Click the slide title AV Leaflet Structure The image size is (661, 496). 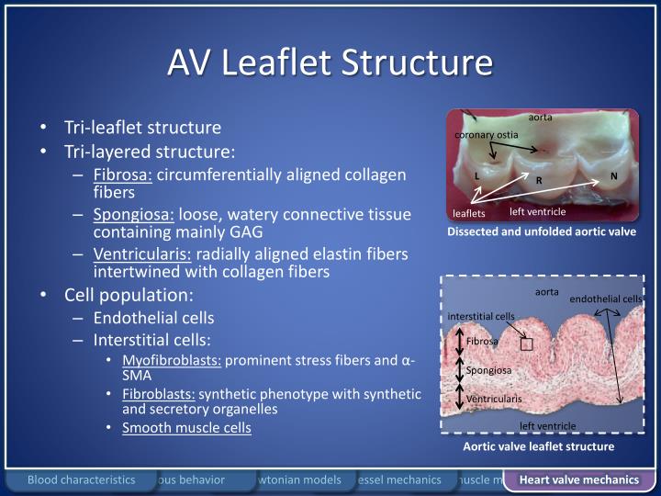(x=330, y=62)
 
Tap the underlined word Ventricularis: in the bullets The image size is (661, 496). (x=141, y=254)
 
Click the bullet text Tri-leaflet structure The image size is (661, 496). (x=142, y=128)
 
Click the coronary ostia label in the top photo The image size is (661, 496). (x=487, y=135)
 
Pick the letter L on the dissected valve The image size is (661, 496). (x=476, y=175)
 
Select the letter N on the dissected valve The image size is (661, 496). (x=613, y=175)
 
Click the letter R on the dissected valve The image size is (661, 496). (x=539, y=180)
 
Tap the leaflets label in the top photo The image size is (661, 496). (x=468, y=213)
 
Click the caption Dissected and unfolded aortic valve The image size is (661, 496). (x=541, y=231)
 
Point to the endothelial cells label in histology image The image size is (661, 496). (x=605, y=299)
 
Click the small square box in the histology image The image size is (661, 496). (x=526, y=344)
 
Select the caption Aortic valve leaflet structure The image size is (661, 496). (x=538, y=446)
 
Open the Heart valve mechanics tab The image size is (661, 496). (x=578, y=479)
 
